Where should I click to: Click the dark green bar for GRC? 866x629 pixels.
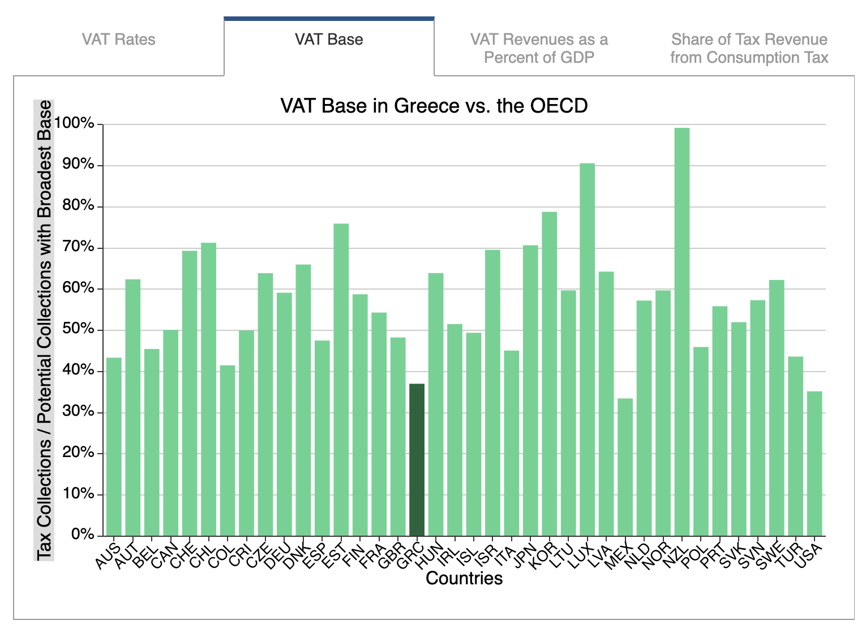pos(417,459)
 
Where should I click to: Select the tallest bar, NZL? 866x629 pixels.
pos(682,331)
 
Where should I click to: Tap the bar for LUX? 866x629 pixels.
pos(587,349)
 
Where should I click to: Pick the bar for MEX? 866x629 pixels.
pos(625,467)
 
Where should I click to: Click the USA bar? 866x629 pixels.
pos(814,463)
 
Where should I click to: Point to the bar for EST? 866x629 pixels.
pos(341,380)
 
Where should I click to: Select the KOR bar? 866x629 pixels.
pos(549,373)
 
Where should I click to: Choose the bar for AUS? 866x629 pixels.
pos(114,446)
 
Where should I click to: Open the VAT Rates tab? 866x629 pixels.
pos(118,40)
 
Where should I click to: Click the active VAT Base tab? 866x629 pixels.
pos(329,40)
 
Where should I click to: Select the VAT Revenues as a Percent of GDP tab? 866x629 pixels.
pos(539,48)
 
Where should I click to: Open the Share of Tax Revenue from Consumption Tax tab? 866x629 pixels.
pos(749,48)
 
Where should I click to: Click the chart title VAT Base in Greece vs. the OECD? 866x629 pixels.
pos(434,106)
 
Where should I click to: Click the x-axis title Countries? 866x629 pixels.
pos(464,578)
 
